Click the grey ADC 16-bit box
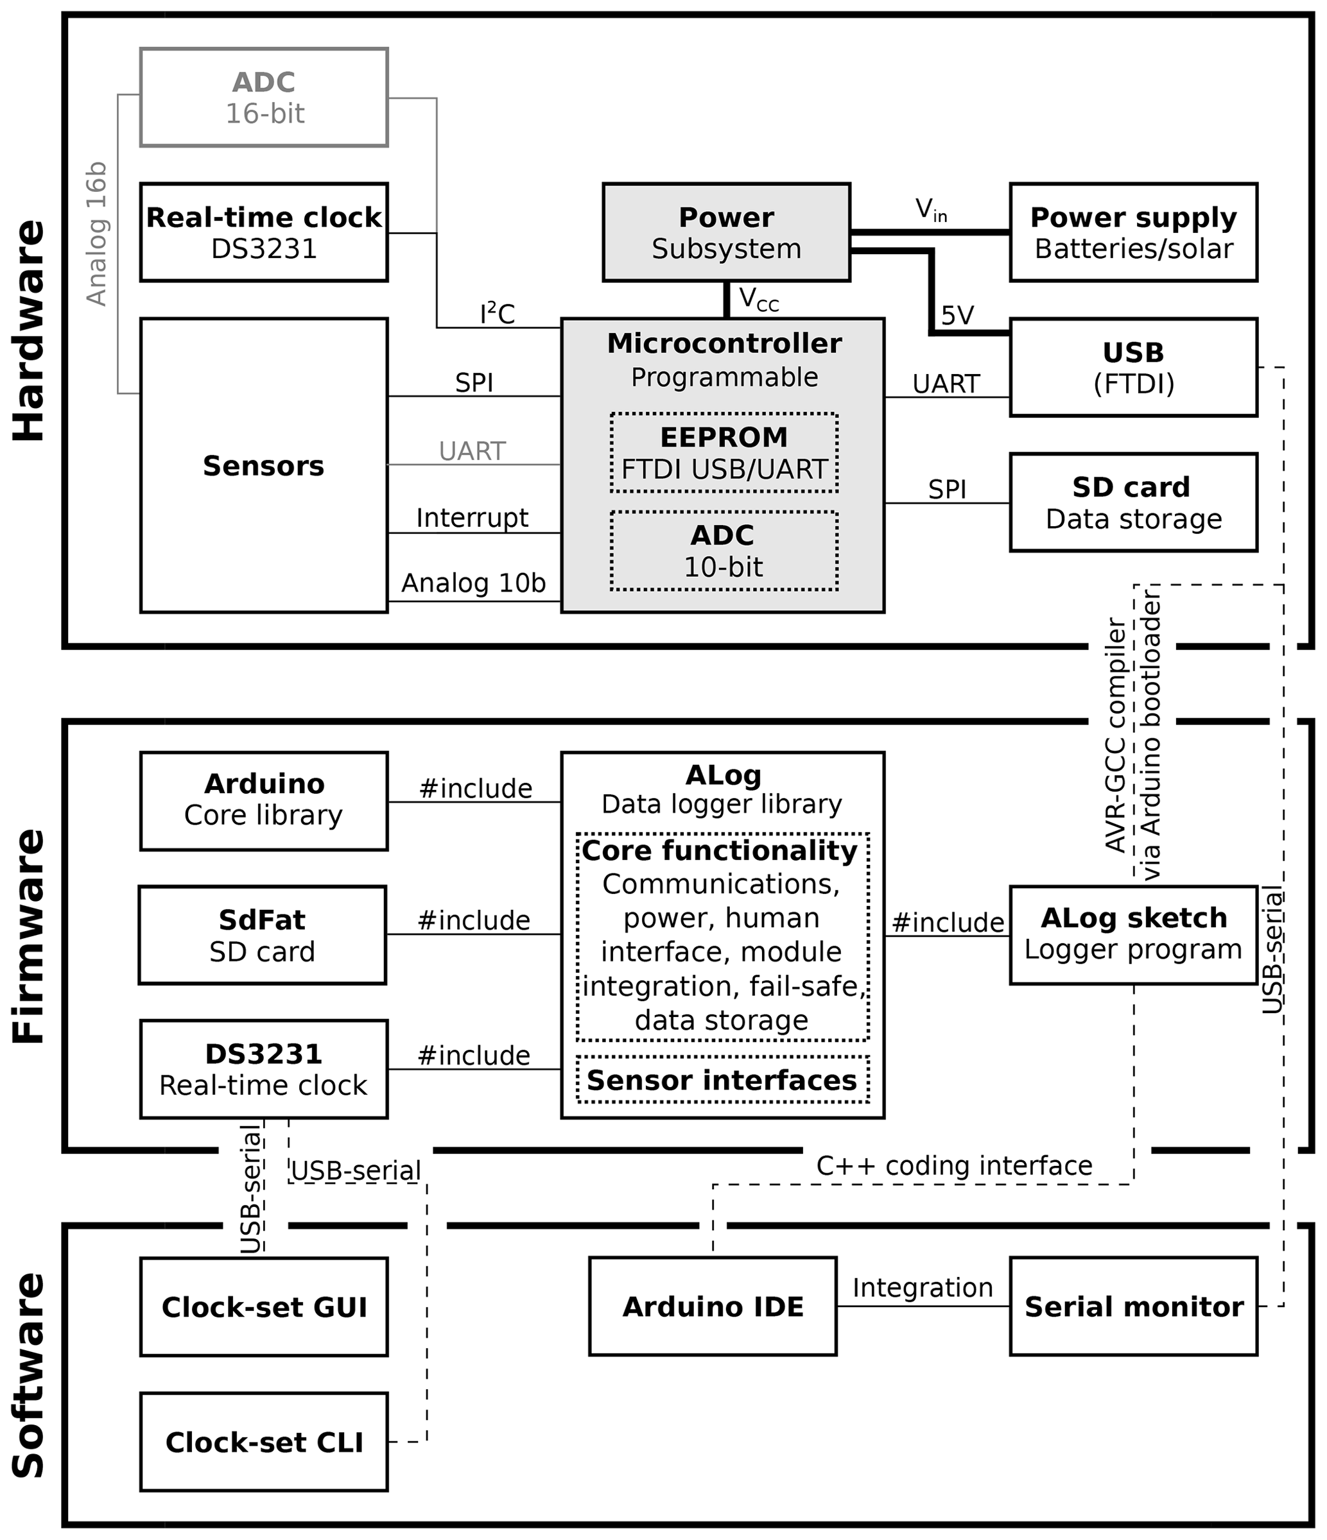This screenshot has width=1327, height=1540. (x=264, y=98)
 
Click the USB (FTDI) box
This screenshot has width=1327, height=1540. (x=1133, y=367)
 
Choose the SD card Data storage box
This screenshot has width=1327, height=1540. (x=1133, y=502)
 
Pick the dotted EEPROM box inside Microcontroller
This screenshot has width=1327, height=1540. (x=724, y=452)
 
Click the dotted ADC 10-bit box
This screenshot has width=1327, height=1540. (x=724, y=551)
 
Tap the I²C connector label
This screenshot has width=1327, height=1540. (x=498, y=314)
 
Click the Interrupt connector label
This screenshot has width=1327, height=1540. (x=472, y=518)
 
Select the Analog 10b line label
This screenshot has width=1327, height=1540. (x=474, y=583)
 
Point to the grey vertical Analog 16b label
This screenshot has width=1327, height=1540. (x=98, y=234)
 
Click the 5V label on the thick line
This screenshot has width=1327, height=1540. (x=957, y=316)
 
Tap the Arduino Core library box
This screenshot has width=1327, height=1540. (x=264, y=800)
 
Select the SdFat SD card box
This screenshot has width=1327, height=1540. (x=263, y=935)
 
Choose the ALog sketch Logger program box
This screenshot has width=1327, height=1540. (x=1133, y=934)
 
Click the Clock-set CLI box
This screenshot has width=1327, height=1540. (x=264, y=1442)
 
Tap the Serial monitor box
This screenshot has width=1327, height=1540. (x=1133, y=1306)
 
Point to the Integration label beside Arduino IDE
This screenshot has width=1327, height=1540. (x=922, y=1287)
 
